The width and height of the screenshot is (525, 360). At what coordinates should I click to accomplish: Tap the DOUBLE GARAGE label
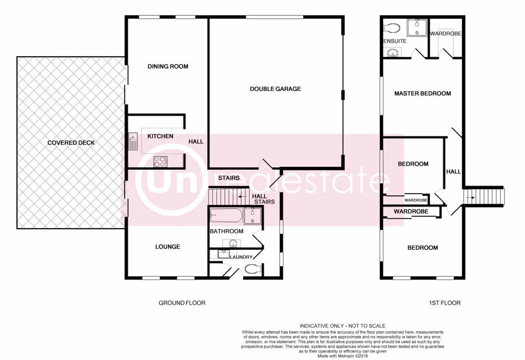tap(275, 89)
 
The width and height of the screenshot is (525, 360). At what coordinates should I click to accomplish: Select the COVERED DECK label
tap(71, 143)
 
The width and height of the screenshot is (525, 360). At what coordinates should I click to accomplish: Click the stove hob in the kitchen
tap(160, 161)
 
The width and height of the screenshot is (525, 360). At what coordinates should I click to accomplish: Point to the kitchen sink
tap(134, 141)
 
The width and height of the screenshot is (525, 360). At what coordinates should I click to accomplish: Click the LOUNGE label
tap(168, 247)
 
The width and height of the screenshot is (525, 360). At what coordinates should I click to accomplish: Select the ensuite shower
tap(418, 27)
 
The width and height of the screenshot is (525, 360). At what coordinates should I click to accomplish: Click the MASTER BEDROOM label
tap(422, 93)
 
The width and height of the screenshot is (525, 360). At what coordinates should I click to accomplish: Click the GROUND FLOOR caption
tap(182, 303)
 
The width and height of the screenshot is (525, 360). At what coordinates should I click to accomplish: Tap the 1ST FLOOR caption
tap(444, 303)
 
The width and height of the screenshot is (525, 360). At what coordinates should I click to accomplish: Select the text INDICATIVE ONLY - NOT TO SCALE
tap(342, 326)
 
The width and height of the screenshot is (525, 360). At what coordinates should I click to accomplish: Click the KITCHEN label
tap(160, 137)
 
